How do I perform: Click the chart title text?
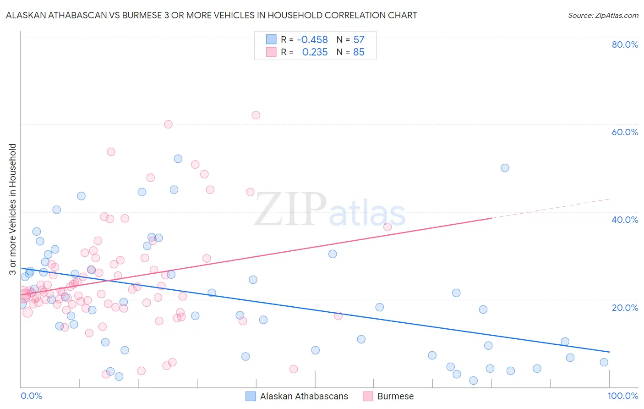[x=212, y=15]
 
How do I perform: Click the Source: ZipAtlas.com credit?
[x=603, y=15]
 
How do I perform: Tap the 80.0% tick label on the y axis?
[x=625, y=44]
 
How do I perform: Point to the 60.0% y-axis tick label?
[x=625, y=132]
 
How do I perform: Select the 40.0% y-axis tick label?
[x=625, y=220]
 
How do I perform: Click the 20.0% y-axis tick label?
[x=625, y=307]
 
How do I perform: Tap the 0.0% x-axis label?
[x=31, y=396]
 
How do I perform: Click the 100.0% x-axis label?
[x=622, y=396]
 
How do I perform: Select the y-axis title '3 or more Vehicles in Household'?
[x=12, y=209]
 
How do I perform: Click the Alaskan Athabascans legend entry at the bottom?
[x=304, y=396]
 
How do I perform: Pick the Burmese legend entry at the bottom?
[x=395, y=396]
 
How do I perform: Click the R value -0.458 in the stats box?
[x=312, y=40]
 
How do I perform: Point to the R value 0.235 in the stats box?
[x=315, y=52]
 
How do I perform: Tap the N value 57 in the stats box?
[x=359, y=40]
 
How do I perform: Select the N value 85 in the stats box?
[x=359, y=52]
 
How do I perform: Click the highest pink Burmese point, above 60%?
[x=256, y=115]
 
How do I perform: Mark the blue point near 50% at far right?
[x=505, y=168]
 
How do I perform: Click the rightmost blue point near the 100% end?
[x=604, y=362]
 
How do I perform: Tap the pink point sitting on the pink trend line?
[x=387, y=227]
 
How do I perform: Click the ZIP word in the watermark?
[x=290, y=210]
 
